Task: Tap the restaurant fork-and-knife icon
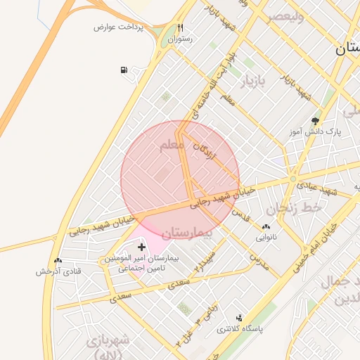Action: (x=181, y=27)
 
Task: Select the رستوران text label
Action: (x=180, y=40)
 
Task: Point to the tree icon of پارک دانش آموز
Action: (x=314, y=120)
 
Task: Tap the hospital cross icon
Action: (x=143, y=247)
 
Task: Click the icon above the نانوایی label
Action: (x=266, y=226)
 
